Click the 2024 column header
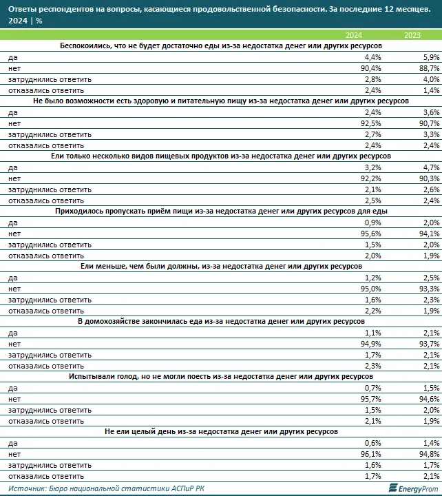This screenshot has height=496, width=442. [x=353, y=35]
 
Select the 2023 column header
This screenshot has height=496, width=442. [x=412, y=35]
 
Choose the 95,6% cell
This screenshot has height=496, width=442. [x=352, y=232]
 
